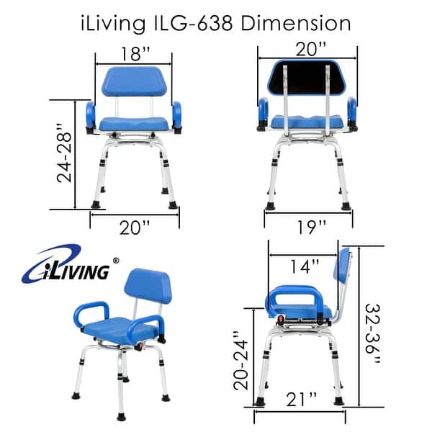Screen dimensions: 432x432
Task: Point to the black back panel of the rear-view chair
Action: coord(310,81)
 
